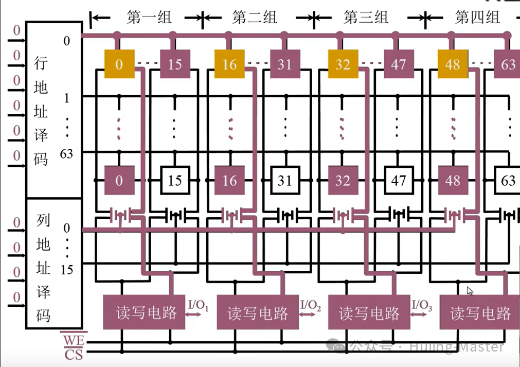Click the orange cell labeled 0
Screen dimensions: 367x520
click(x=119, y=64)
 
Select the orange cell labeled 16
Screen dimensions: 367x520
click(x=229, y=64)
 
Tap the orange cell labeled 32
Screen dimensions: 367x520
click(x=343, y=64)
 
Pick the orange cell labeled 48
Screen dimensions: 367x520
click(x=453, y=64)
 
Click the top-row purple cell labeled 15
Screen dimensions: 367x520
click(x=175, y=64)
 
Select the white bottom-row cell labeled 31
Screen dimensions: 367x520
click(x=284, y=181)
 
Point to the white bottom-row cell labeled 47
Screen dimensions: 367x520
click(x=398, y=181)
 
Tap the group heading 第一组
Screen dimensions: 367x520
click(x=149, y=18)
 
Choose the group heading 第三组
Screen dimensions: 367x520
click(x=366, y=18)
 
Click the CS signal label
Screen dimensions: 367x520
click(x=73, y=354)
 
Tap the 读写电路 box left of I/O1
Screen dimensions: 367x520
click(x=146, y=312)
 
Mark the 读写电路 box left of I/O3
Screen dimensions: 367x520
click(x=369, y=312)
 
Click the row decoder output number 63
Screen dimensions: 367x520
click(x=67, y=153)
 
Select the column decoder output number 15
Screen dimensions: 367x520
click(x=67, y=269)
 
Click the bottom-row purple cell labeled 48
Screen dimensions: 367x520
click(x=453, y=181)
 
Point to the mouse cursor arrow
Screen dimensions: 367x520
click(x=470, y=290)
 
